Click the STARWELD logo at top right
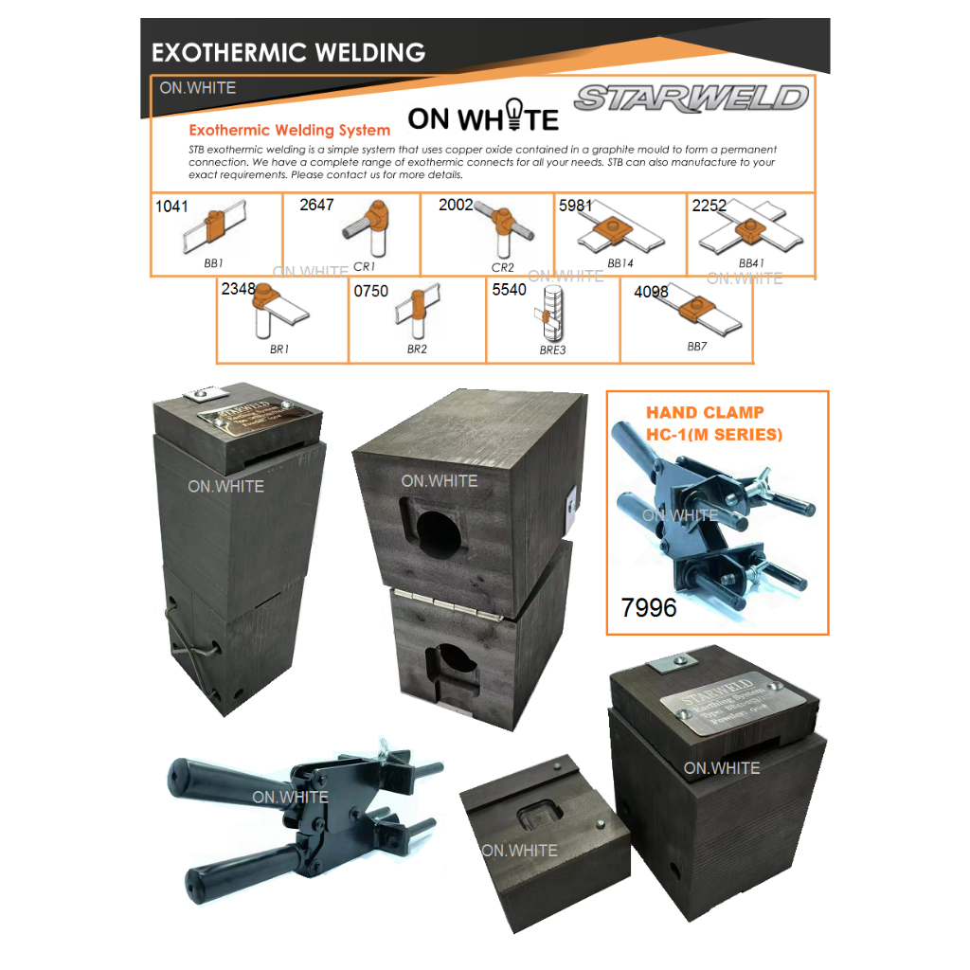click(692, 98)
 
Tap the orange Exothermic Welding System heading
click(289, 130)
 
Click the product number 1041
click(171, 206)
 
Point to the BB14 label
click(620, 262)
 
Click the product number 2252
click(710, 206)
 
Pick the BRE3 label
click(552, 350)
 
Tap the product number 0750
click(371, 292)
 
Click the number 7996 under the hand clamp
click(649, 607)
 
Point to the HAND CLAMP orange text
click(705, 413)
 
